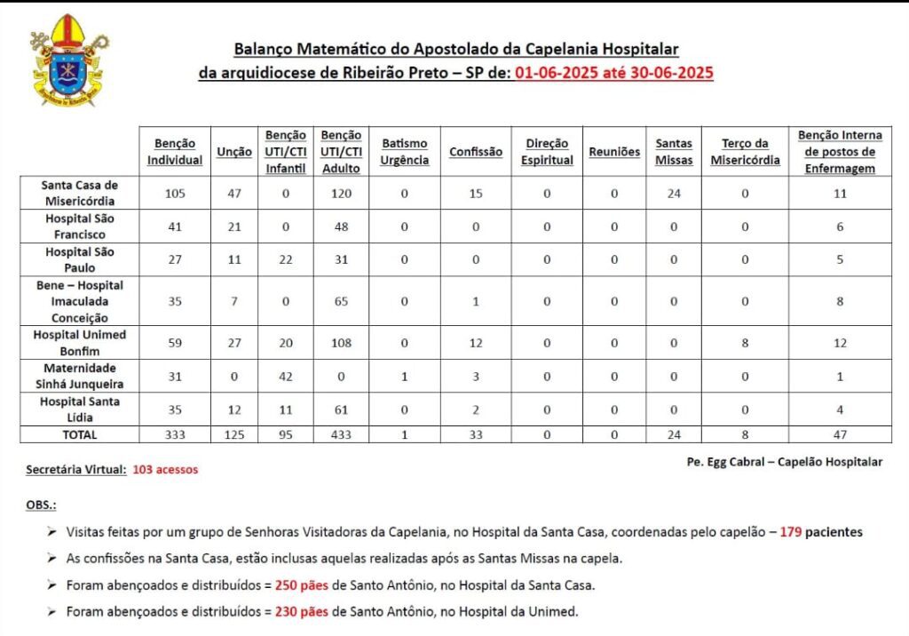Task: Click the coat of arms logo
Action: click(x=68, y=60)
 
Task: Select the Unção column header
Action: click(x=234, y=152)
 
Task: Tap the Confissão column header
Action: click(x=475, y=152)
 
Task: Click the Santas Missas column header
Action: click(x=674, y=152)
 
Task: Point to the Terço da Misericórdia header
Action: click(x=745, y=152)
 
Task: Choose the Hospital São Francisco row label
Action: click(x=80, y=226)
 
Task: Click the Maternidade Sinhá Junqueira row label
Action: click(x=80, y=377)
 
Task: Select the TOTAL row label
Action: click(x=80, y=434)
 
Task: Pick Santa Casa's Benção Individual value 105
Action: click(x=175, y=193)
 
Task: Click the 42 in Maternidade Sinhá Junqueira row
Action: click(x=286, y=377)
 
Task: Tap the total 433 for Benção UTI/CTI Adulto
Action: click(x=341, y=434)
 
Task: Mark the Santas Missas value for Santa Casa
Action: click(x=674, y=193)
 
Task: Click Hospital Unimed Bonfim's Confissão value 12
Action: click(x=475, y=343)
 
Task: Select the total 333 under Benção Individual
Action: click(x=175, y=434)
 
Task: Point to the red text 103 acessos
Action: click(x=165, y=469)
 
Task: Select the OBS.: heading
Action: click(x=41, y=505)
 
